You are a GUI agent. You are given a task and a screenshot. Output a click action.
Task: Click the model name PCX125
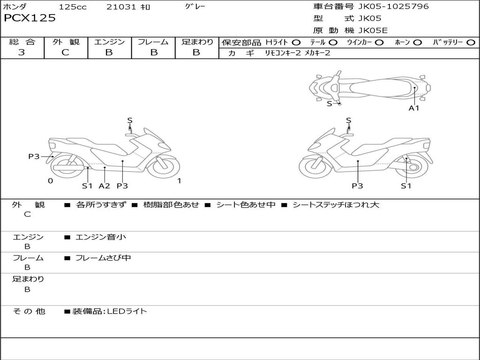[x=30, y=18]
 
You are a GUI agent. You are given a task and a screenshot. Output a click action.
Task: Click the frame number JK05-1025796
[x=393, y=7]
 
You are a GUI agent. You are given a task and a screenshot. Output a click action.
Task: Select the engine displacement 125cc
[x=72, y=7]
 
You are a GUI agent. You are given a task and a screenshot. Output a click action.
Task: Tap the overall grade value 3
[x=22, y=52]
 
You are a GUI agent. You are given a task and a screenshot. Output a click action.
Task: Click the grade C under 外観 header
[x=66, y=52]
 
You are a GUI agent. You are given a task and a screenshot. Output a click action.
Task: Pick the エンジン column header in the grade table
[x=109, y=42]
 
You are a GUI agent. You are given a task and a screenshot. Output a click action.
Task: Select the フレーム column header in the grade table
[x=153, y=42]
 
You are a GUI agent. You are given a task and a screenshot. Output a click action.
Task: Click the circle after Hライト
[x=296, y=43]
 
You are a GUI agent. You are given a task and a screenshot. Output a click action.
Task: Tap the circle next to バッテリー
[x=471, y=43]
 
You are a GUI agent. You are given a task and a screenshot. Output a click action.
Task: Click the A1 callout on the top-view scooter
[x=414, y=108]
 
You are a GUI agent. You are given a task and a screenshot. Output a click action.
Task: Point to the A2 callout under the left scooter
[x=104, y=186]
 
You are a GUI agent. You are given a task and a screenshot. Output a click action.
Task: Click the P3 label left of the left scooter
[x=34, y=157]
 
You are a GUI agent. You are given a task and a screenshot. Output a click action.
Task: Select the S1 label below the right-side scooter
[x=406, y=186]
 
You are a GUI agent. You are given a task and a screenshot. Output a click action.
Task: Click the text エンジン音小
[x=101, y=237]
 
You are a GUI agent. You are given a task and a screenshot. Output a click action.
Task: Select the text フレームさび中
[x=103, y=258]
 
